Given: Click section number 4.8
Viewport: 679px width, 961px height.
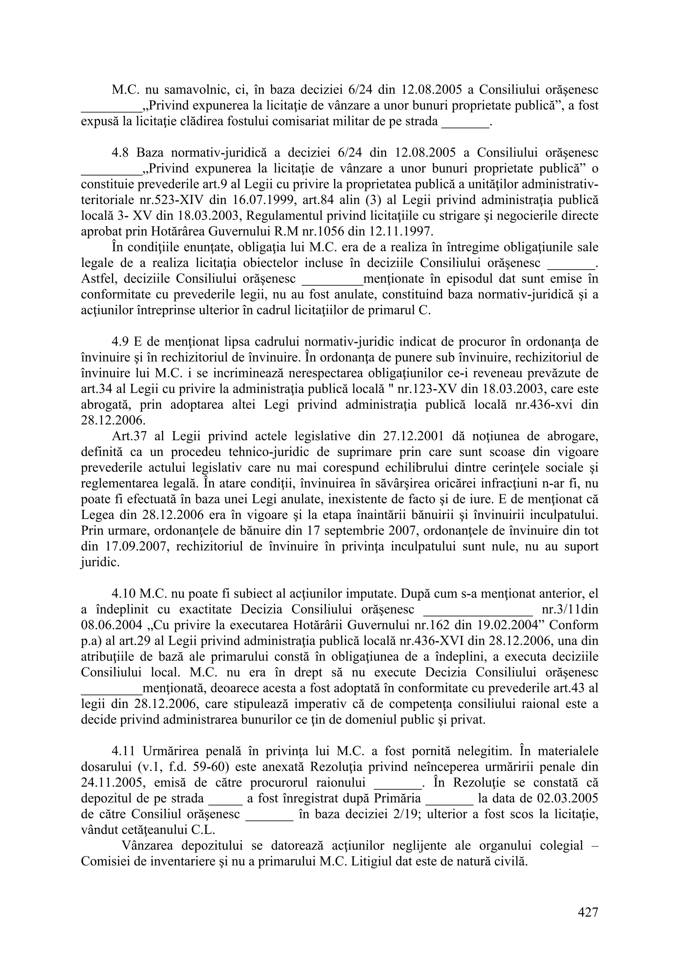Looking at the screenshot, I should pyautogui.click(x=121, y=152).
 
